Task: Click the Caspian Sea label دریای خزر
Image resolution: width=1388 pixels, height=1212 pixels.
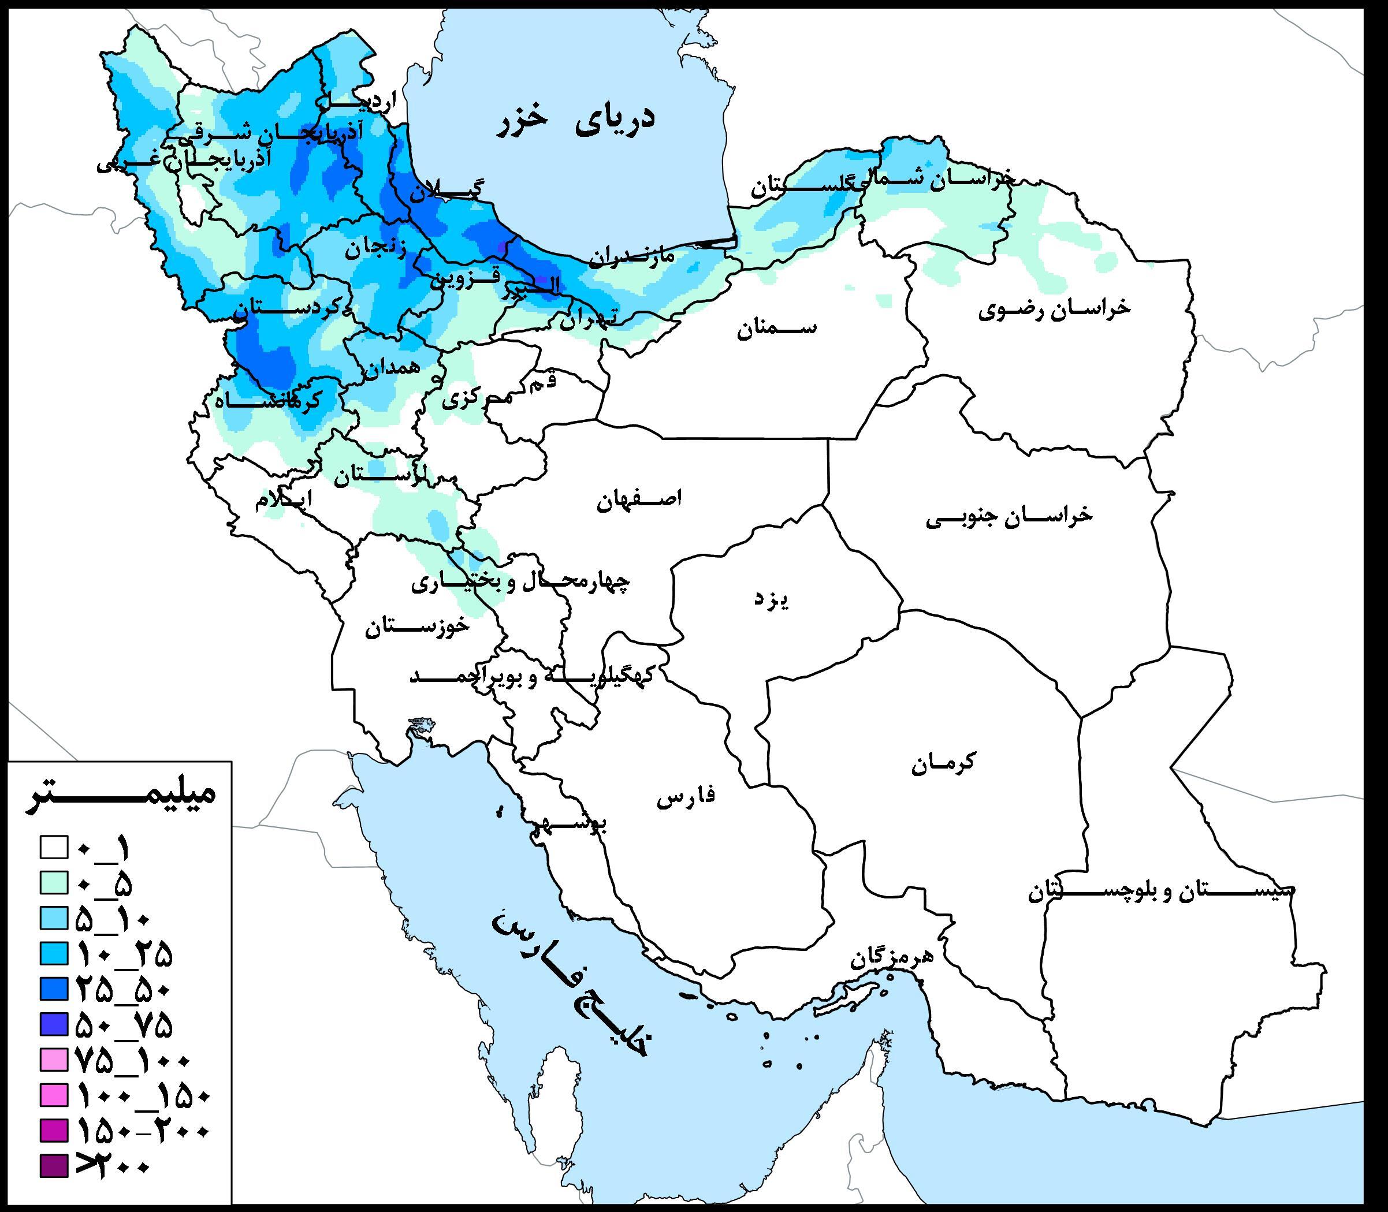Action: point(576,122)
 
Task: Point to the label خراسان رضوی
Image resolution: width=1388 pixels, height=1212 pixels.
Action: point(1054,308)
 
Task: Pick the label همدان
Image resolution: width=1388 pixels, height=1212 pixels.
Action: point(392,367)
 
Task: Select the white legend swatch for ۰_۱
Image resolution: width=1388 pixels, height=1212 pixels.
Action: point(54,848)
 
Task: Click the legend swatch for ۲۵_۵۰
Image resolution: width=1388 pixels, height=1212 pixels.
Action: point(54,989)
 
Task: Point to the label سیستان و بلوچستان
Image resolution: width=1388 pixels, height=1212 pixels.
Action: point(1161,892)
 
